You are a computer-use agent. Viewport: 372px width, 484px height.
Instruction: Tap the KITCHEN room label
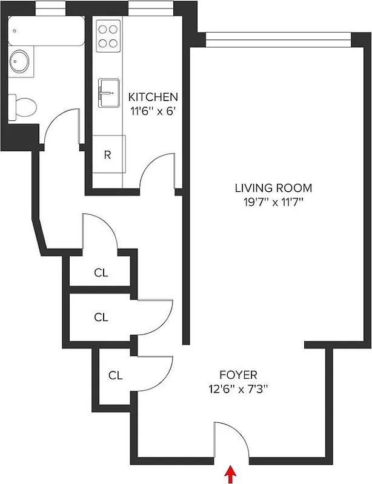pyautogui.click(x=153, y=97)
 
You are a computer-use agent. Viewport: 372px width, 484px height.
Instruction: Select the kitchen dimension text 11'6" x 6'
pyautogui.click(x=153, y=111)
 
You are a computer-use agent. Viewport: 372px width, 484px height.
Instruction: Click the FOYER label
pyautogui.click(x=238, y=374)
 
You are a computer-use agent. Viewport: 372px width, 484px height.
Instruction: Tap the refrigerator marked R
pyautogui.click(x=108, y=154)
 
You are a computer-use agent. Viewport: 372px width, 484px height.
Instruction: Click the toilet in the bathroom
pyautogui.click(x=23, y=106)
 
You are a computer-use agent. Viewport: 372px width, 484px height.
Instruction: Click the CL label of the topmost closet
pyautogui.click(x=101, y=273)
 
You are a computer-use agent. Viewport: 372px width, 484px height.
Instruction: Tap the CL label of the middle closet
pyautogui.click(x=101, y=316)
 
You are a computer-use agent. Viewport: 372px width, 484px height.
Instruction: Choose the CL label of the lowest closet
pyautogui.click(x=115, y=375)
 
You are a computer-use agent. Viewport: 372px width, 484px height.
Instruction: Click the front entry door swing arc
pyautogui.click(x=230, y=439)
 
